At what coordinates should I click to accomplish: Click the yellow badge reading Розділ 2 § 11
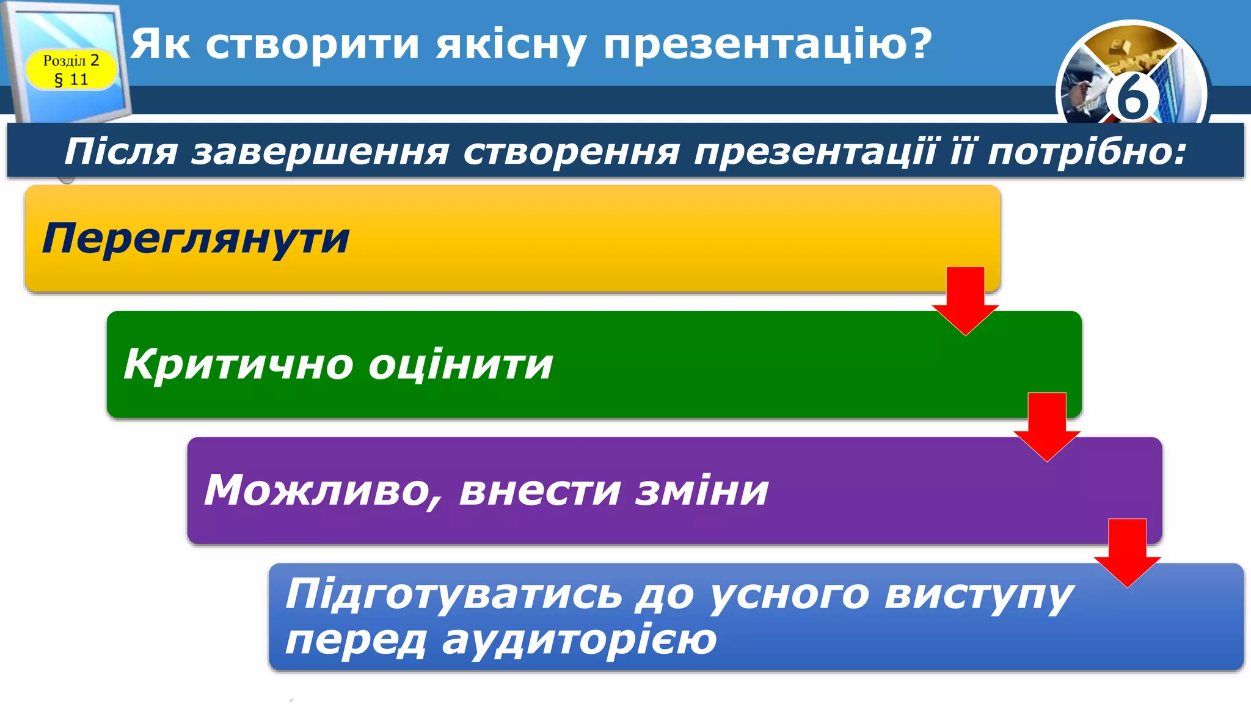[71, 70]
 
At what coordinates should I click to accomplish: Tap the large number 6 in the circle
[1132, 98]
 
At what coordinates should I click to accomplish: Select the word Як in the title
[160, 44]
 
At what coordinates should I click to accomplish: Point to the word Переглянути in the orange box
[195, 239]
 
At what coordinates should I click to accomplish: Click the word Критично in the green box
[238, 365]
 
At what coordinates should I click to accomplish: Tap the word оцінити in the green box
[461, 365]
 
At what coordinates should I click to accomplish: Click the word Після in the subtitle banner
[121, 152]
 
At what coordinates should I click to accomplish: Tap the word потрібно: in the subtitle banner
[1087, 152]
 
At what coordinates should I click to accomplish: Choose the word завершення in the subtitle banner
[321, 152]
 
